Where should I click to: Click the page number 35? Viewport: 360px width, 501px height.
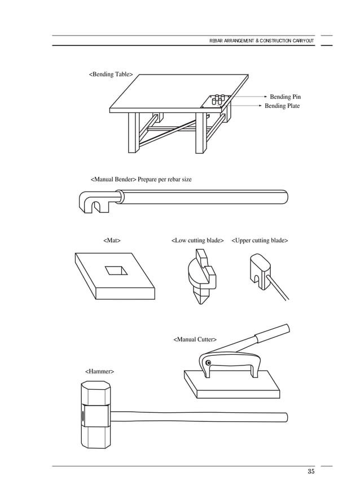pos(311,473)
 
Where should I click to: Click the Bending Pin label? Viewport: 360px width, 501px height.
pos(285,97)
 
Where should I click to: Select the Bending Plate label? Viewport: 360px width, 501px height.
pos(282,106)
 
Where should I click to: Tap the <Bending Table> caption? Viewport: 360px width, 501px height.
pos(111,74)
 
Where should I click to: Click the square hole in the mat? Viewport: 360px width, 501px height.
pos(116,270)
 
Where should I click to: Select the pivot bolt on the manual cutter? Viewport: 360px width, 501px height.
pos(208,363)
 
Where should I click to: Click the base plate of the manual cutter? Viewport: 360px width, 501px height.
pos(231,386)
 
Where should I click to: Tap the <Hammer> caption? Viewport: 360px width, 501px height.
pos(99,372)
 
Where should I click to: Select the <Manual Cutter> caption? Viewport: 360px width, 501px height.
pos(195,339)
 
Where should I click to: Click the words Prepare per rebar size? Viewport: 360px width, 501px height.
pos(165,180)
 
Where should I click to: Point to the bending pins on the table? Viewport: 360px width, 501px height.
pos(219,98)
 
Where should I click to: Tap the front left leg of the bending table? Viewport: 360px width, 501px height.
pos(133,133)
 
